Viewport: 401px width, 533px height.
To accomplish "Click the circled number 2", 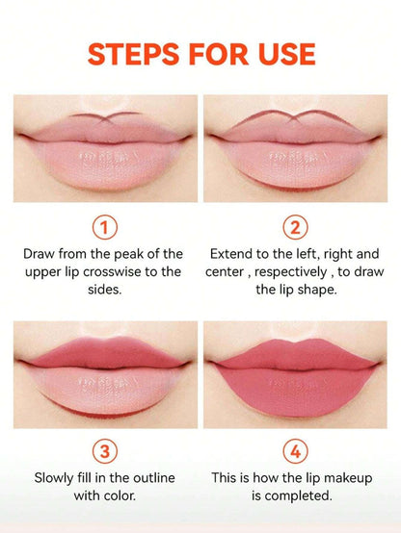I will [x=296, y=227].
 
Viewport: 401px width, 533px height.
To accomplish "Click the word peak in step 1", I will [x=131, y=254].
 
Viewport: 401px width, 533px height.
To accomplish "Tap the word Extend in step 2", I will [x=234, y=254].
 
